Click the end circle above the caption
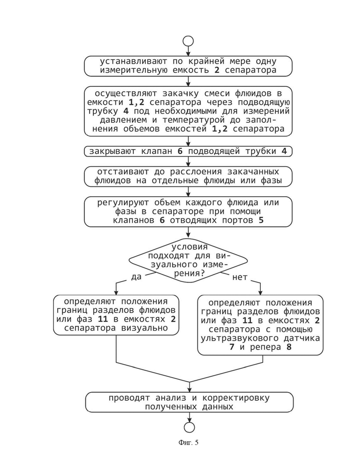189,422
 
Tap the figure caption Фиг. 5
188,442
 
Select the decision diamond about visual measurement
188,260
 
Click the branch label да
136,277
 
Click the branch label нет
240,277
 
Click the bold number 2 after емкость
217,70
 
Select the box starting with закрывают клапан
188,151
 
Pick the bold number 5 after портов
261,220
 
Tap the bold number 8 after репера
289,347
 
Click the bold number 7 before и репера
232,347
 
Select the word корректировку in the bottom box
236,398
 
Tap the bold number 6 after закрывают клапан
180,151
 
